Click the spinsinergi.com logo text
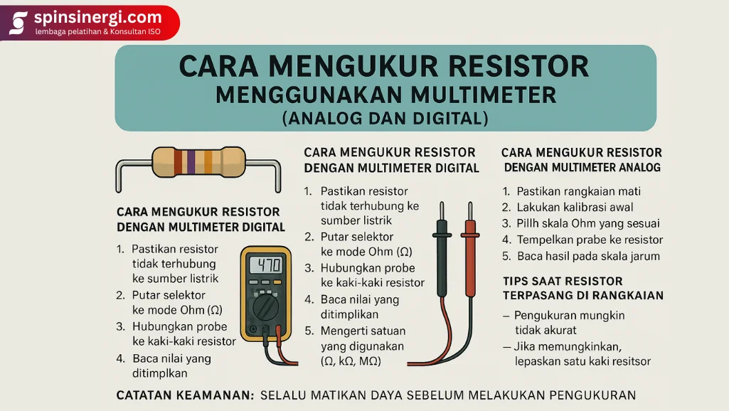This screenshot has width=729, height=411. click(97, 16)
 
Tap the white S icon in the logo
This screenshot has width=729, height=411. click(18, 22)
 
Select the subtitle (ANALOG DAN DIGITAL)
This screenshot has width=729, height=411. click(385, 117)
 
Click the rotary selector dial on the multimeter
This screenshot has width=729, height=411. click(265, 308)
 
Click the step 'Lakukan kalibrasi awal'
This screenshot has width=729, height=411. click(578, 208)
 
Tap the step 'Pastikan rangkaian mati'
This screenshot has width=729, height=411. click(578, 191)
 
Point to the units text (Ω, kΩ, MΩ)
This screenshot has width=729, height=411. click(351, 361)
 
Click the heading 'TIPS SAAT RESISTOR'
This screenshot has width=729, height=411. click(563, 281)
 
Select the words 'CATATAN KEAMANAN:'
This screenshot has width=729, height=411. click(185, 395)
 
